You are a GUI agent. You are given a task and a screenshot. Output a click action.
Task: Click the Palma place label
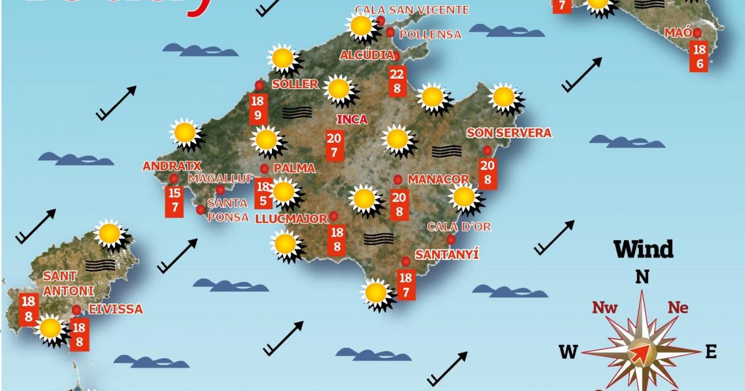(294, 168)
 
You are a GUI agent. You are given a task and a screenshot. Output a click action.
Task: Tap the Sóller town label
(295, 84)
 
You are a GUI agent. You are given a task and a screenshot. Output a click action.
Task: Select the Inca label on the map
(351, 120)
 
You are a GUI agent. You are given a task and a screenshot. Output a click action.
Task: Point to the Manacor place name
(438, 179)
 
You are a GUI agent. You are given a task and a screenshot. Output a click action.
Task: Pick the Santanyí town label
(447, 254)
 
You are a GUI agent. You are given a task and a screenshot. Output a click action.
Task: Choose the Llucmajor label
(291, 218)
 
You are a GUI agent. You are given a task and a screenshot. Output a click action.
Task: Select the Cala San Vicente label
(412, 10)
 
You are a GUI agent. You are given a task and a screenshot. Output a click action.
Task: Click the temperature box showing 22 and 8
(397, 81)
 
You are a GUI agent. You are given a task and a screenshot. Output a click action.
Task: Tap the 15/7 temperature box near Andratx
(174, 200)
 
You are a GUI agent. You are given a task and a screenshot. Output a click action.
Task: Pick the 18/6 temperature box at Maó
(699, 56)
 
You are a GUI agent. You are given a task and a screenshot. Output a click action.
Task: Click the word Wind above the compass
(643, 249)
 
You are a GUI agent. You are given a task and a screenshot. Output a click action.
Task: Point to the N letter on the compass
(643, 277)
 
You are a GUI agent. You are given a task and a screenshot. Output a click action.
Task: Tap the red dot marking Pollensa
(391, 32)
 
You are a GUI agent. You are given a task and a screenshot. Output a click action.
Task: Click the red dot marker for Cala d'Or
(451, 240)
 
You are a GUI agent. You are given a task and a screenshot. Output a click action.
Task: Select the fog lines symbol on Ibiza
(101, 266)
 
